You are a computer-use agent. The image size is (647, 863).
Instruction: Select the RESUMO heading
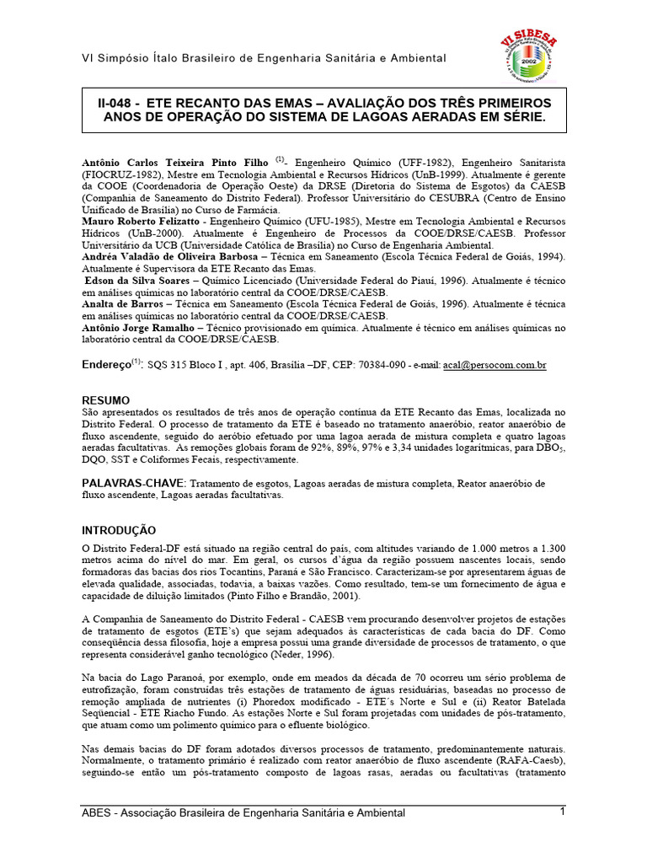pos(105,399)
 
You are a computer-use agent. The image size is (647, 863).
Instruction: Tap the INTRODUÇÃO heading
pos(119,530)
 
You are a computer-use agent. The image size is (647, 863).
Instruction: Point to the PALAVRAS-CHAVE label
pos(133,483)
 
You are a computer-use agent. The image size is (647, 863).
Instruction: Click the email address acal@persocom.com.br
pos(495,366)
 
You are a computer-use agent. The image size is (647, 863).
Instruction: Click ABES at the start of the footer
pos(97,812)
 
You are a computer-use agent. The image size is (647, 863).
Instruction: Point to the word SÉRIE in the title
pos(521,118)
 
